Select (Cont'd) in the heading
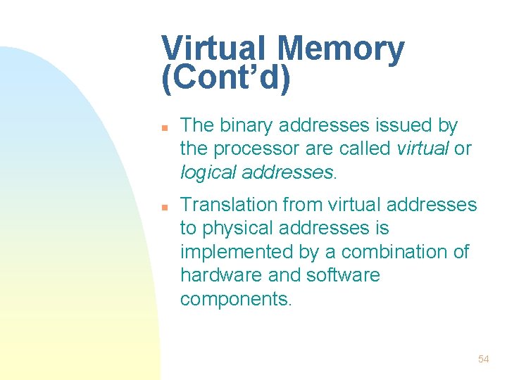[x=225, y=79]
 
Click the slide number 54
[x=483, y=359]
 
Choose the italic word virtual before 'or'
[x=424, y=149]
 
